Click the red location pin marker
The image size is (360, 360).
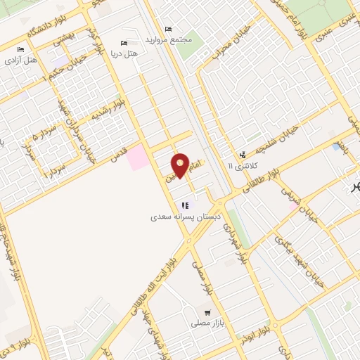point(181,165)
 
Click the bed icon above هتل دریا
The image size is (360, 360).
point(124,43)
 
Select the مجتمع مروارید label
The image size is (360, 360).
point(167,40)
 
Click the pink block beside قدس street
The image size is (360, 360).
point(138,157)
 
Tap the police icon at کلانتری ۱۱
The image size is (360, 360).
point(243,154)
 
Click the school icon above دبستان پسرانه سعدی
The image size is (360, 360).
point(185,205)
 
